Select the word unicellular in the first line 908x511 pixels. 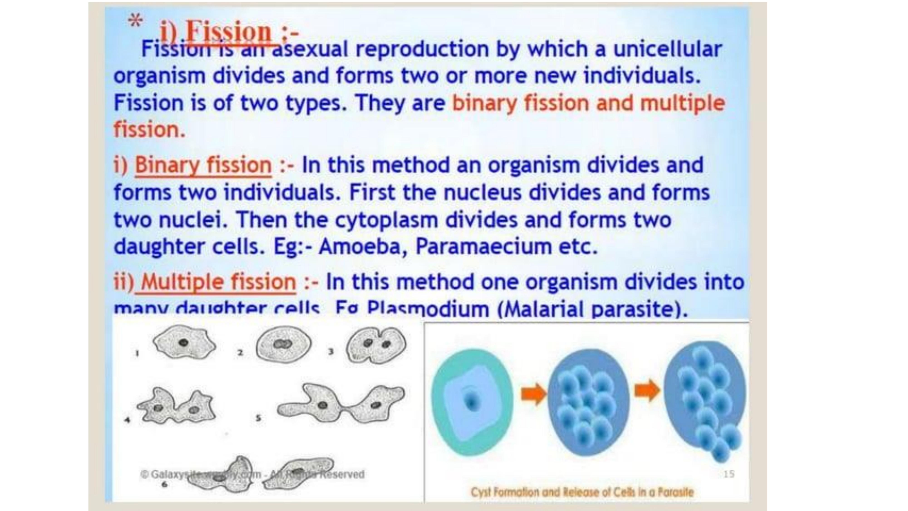pos(668,49)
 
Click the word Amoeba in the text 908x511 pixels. pos(359,246)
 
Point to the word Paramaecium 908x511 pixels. pos(484,246)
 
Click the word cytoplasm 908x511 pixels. pos(386,220)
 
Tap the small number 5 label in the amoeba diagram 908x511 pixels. pos(258,418)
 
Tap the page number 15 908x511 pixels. pos(729,474)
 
